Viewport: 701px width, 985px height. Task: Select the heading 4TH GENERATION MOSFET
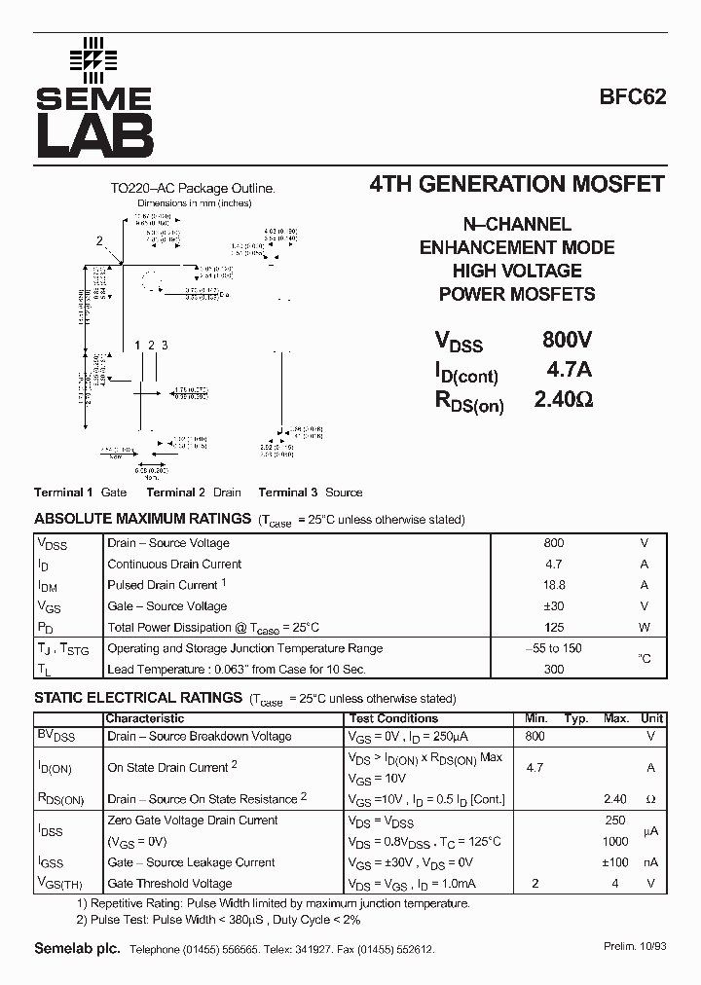518,184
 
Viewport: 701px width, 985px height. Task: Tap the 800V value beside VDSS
567,340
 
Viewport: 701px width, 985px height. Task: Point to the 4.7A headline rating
569,370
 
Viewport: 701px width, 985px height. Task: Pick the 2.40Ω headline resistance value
564,399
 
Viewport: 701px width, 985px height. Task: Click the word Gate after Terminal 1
114,492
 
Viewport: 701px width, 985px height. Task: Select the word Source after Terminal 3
344,492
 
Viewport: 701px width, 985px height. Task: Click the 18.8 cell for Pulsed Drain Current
554,585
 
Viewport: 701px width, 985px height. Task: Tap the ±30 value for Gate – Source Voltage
554,606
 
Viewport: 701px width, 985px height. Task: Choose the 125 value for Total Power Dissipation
554,628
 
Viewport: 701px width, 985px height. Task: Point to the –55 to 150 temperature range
554,648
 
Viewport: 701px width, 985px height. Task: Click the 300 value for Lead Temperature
554,670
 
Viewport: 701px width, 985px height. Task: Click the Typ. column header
576,718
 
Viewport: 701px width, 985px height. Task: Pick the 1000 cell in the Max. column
615,841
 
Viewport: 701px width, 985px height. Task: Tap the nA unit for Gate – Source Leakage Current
650,862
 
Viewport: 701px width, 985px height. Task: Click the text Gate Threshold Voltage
169,884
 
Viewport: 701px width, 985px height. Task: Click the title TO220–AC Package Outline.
192,189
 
